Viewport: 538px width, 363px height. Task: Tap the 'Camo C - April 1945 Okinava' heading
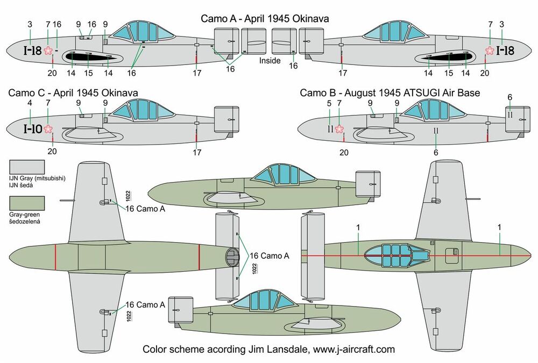pos(73,93)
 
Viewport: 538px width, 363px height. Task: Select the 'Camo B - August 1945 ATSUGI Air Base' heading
pos(390,93)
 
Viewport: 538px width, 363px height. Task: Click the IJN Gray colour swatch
pos(27,167)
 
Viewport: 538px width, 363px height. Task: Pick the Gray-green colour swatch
pos(27,204)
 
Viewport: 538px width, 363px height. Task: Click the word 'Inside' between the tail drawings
pos(270,61)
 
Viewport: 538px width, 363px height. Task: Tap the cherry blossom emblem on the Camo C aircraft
pos(48,128)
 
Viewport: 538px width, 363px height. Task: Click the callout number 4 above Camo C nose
pos(30,103)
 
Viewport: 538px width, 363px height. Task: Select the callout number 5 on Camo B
pos(329,103)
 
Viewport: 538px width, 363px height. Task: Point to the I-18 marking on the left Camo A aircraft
pos(29,51)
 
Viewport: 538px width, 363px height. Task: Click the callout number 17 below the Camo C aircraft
pos(197,153)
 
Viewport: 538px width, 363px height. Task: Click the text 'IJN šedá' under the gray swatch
pos(22,186)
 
